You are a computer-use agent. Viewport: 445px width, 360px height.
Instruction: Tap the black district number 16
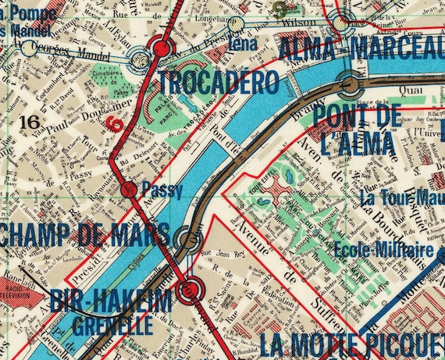point(30,122)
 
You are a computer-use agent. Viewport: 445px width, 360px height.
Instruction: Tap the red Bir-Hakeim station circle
point(189,293)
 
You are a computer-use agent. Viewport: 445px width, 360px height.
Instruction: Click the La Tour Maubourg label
point(402,197)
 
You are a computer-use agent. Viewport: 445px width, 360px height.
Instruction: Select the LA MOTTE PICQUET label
point(351,344)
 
